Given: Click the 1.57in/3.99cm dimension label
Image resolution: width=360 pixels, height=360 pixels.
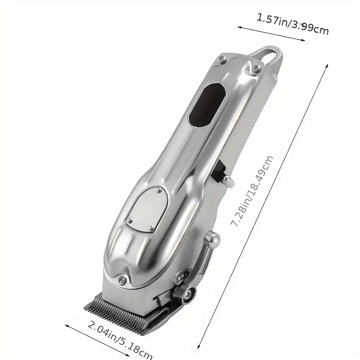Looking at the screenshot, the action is [x=292, y=24].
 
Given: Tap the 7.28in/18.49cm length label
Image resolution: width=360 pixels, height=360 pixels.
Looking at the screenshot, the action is [x=252, y=191].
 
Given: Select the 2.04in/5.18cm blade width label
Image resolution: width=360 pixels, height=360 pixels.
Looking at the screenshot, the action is [x=120, y=339].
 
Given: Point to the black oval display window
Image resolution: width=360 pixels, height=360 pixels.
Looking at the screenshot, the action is [x=207, y=105].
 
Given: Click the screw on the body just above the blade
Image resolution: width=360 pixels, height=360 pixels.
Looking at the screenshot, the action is [x=121, y=279].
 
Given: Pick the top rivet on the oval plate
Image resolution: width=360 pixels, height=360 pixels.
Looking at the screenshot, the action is [x=159, y=190].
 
